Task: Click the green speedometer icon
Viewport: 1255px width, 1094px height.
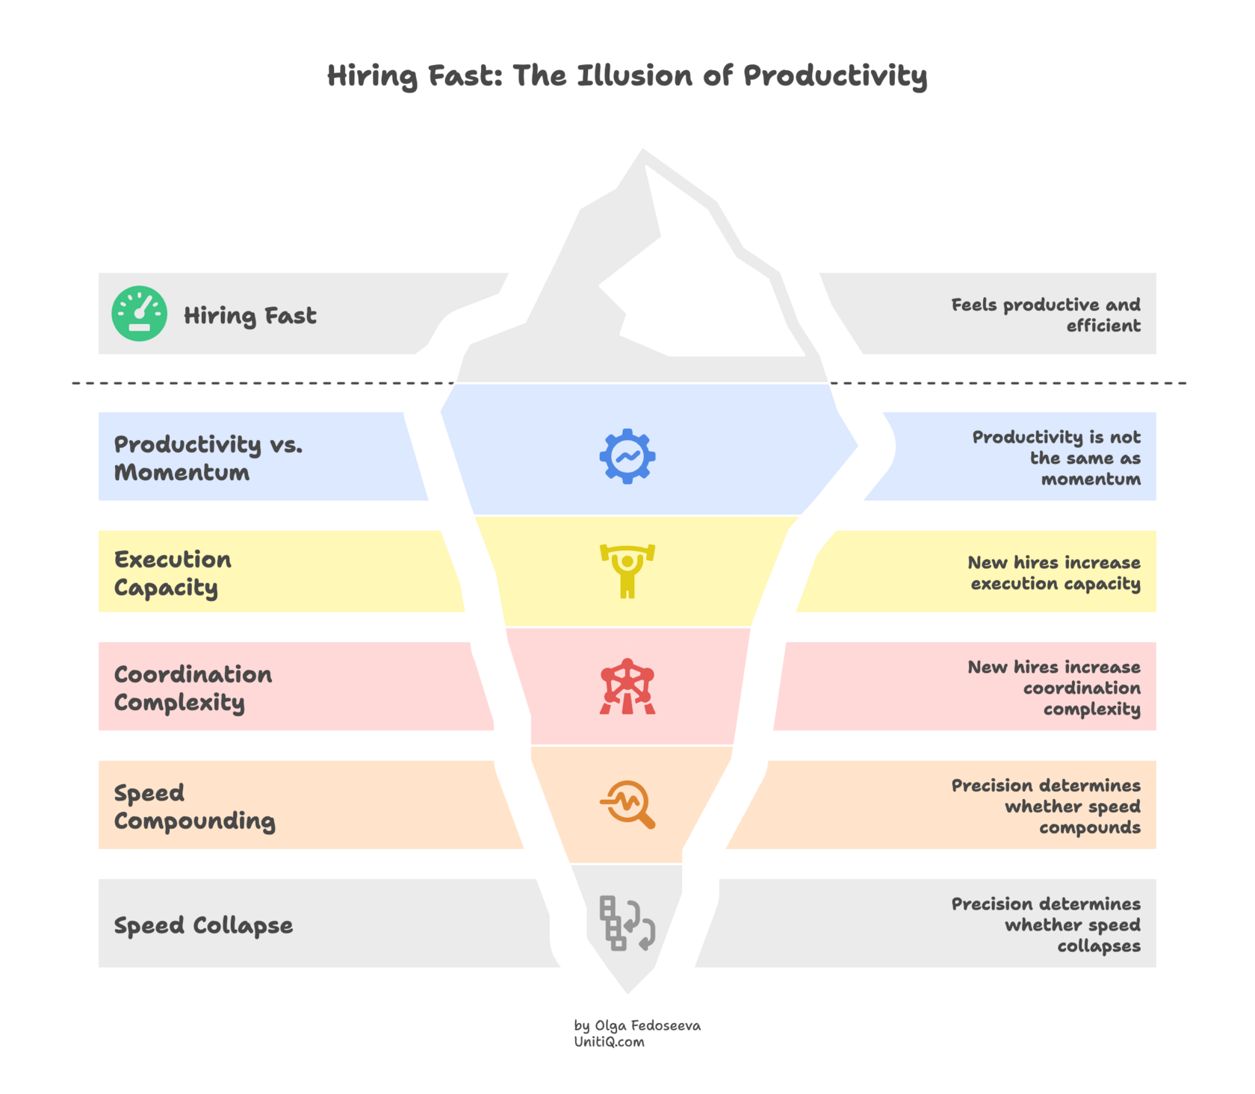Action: (x=140, y=314)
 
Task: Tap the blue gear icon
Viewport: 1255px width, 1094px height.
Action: (x=627, y=456)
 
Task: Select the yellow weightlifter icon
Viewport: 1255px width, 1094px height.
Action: (x=627, y=571)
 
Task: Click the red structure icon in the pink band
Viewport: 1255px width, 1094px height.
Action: (x=627, y=686)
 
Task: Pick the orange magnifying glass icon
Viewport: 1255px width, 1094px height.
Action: (x=627, y=804)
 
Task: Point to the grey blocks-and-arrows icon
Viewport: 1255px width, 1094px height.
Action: (x=627, y=923)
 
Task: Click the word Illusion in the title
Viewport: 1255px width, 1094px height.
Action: (x=634, y=76)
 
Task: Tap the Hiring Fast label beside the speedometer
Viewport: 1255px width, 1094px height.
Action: (x=250, y=316)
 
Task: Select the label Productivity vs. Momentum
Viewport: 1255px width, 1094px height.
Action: (x=208, y=458)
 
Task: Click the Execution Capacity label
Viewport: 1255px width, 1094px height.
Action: (x=173, y=573)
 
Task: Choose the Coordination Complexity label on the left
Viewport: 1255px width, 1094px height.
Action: (x=193, y=688)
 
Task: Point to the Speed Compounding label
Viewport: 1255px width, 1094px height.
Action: (x=194, y=806)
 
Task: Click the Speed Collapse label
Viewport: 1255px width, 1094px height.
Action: (x=203, y=925)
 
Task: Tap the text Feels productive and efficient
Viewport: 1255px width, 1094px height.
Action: (x=1046, y=314)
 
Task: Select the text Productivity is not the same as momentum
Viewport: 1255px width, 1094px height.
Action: (x=1056, y=457)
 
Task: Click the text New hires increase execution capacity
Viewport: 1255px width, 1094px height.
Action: (x=1054, y=573)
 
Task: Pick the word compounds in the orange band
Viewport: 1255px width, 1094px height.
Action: (x=1090, y=827)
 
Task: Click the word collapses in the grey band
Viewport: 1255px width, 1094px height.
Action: (x=1099, y=946)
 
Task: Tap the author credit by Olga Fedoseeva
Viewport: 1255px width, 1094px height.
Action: (x=637, y=1025)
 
